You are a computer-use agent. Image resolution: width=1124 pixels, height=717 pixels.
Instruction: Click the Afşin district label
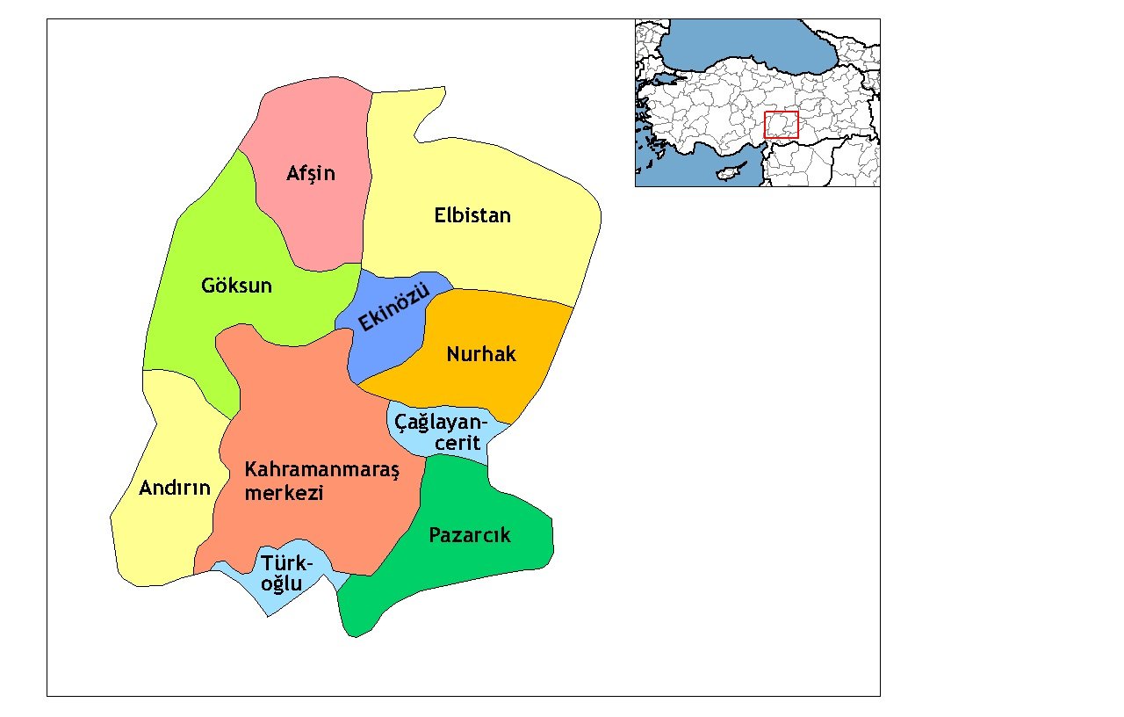pyautogui.click(x=311, y=173)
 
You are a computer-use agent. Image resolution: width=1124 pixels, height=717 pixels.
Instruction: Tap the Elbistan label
pyautogui.click(x=472, y=215)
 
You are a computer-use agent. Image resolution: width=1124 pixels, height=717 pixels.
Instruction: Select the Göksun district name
pyautogui.click(x=236, y=286)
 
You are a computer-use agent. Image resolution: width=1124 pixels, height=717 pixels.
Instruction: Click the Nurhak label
pyautogui.click(x=481, y=354)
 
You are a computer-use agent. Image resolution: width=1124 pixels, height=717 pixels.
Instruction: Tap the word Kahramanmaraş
pyautogui.click(x=321, y=470)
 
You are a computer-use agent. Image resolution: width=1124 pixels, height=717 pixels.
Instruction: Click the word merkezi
pyautogui.click(x=284, y=493)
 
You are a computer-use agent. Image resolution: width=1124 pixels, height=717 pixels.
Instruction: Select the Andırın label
pyautogui.click(x=175, y=488)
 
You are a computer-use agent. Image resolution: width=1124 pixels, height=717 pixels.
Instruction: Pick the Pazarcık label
pyautogui.click(x=469, y=535)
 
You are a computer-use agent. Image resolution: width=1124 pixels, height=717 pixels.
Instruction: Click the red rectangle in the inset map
pyautogui.click(x=781, y=125)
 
